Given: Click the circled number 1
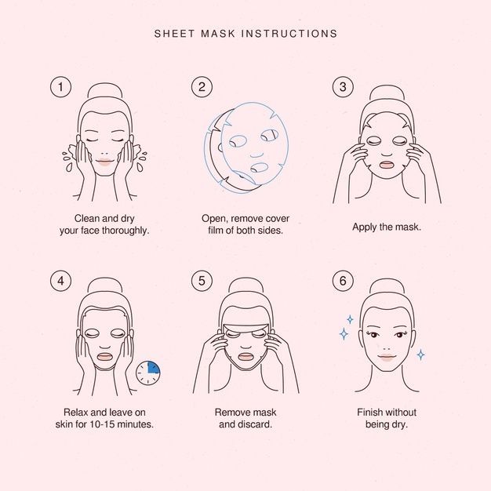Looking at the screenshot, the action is click(60, 87).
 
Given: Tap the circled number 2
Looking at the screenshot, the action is click(202, 87).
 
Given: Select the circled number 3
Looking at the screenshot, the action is click(344, 87).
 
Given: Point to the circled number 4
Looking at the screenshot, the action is click(60, 281).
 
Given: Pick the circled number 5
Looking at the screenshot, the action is click(202, 281).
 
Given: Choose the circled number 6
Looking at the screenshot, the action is click(344, 281).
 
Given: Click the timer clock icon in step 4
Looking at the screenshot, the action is click(147, 373).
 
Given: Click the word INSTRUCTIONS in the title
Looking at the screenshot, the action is click(289, 34).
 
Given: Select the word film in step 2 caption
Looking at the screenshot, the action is click(216, 231).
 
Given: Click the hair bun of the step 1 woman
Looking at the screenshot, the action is click(104, 90).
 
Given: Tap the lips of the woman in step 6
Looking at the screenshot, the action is click(387, 358).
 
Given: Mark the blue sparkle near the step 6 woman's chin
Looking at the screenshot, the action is click(421, 355).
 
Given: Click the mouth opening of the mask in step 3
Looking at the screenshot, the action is click(387, 165).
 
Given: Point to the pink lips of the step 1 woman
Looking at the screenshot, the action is click(104, 162).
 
